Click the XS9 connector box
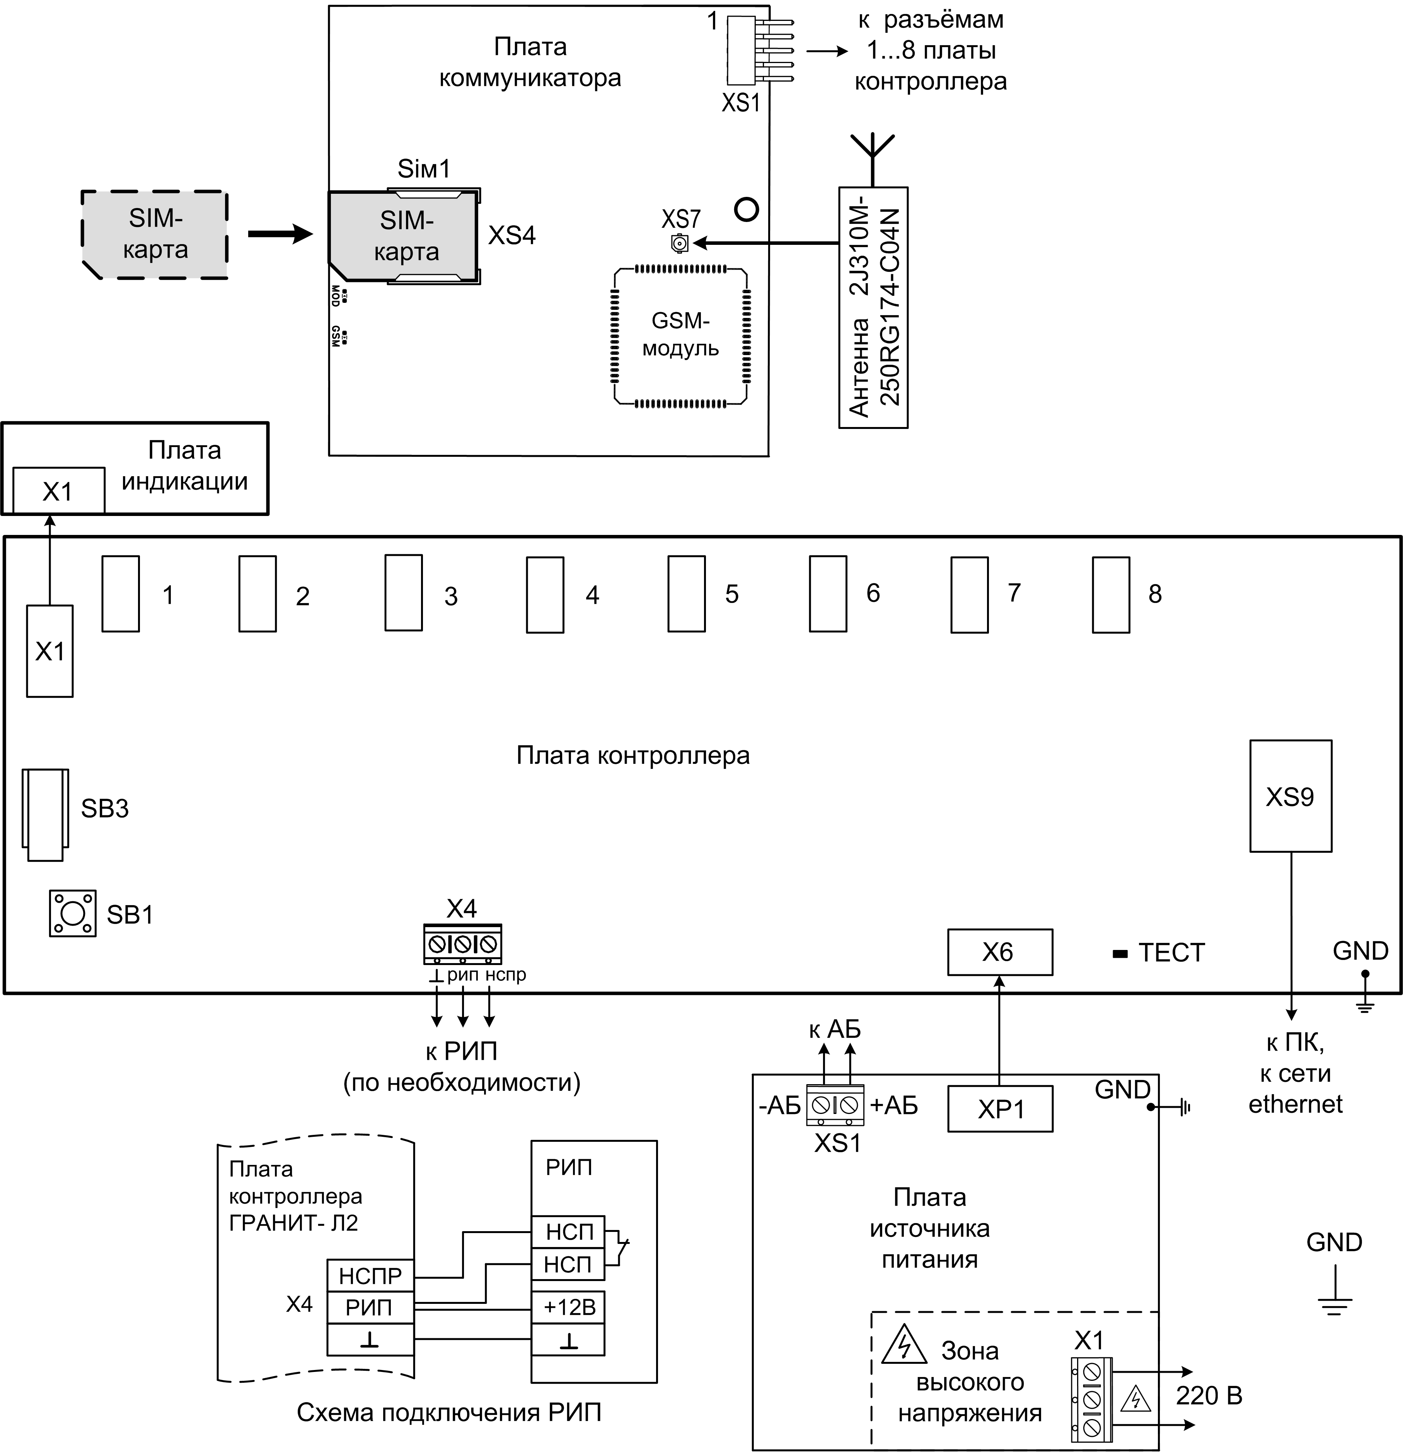coord(1290,796)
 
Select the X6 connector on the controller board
coord(999,952)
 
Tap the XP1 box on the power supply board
coord(999,1109)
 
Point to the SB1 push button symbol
coord(73,914)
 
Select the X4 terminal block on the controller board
coord(463,944)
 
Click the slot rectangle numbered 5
coord(686,594)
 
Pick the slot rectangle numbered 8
coord(1111,594)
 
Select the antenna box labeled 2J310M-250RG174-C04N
coord(873,307)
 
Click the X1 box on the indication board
coord(58,490)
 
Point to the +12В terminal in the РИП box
coord(568,1308)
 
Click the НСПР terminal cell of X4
coord(370,1276)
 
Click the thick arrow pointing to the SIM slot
coord(280,234)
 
